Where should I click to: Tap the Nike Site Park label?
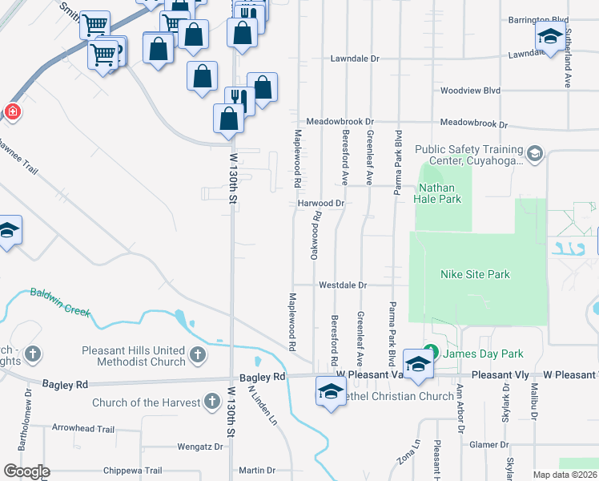475,274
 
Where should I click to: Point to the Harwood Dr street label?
320,204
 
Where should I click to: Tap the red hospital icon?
12,112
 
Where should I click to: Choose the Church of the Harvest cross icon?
211,400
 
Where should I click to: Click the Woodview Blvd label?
470,91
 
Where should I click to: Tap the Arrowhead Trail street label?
84,429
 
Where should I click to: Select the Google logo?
26,471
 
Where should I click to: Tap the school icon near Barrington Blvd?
549,36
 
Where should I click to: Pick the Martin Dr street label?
256,471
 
